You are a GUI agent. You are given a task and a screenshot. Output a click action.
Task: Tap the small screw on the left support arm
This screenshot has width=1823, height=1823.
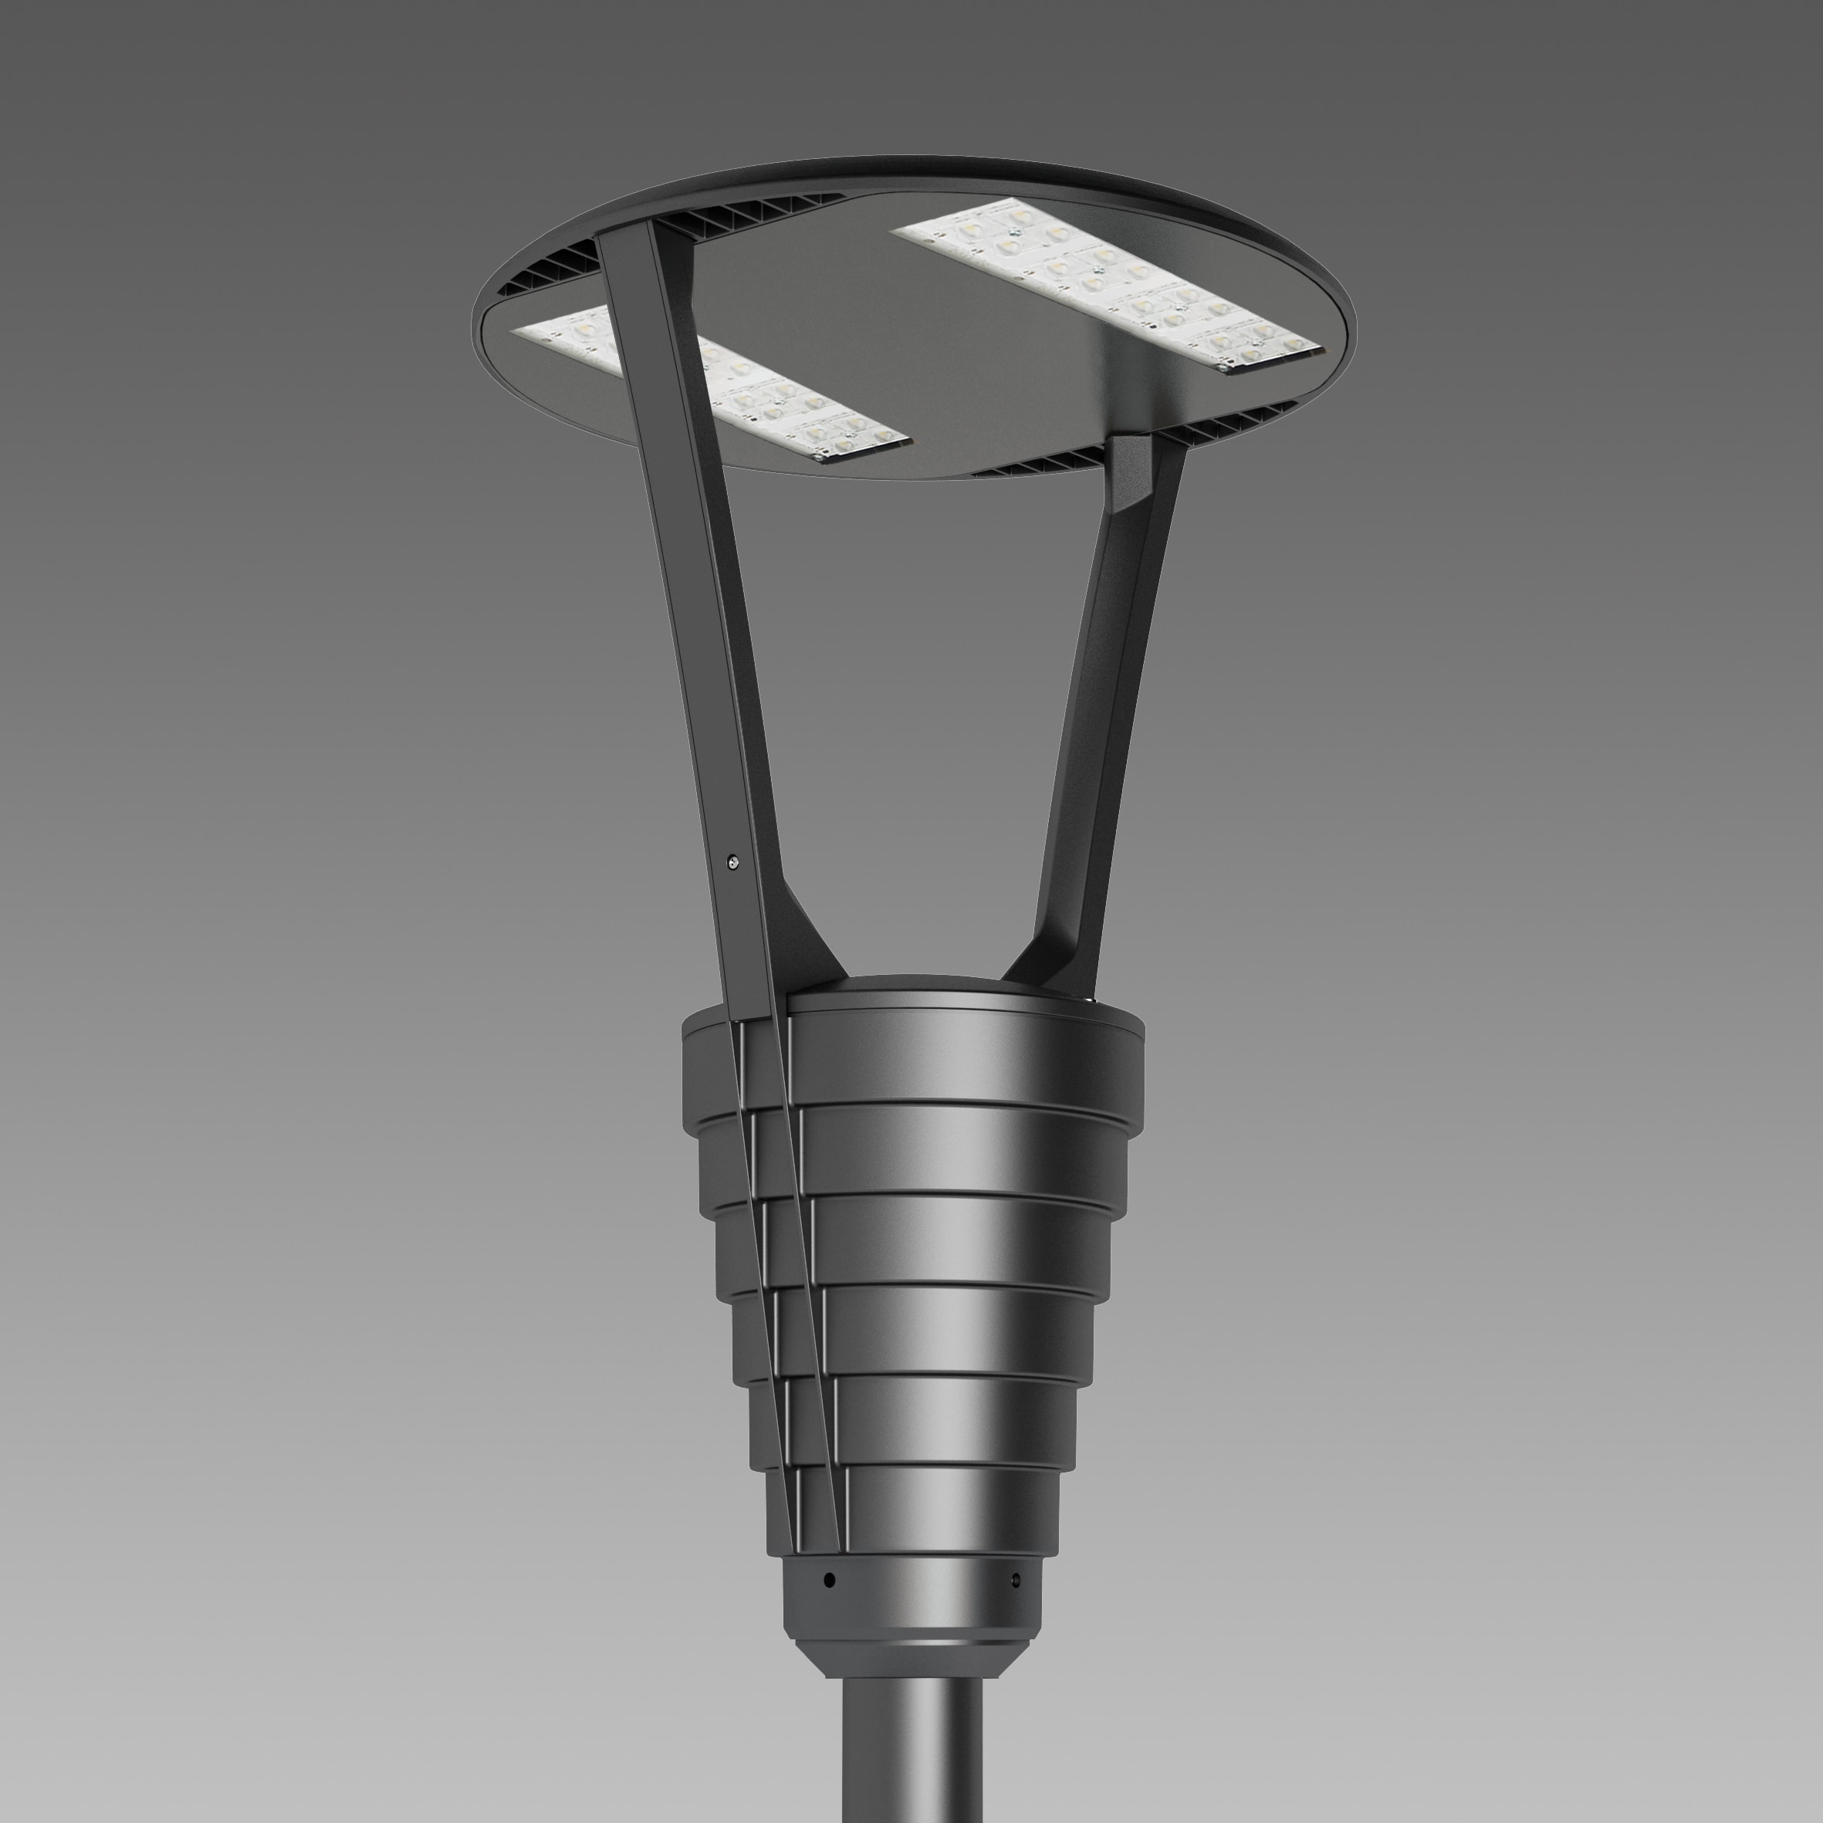[734, 861]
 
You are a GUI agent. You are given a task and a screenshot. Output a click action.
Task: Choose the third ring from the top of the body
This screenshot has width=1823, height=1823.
[953, 1236]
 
